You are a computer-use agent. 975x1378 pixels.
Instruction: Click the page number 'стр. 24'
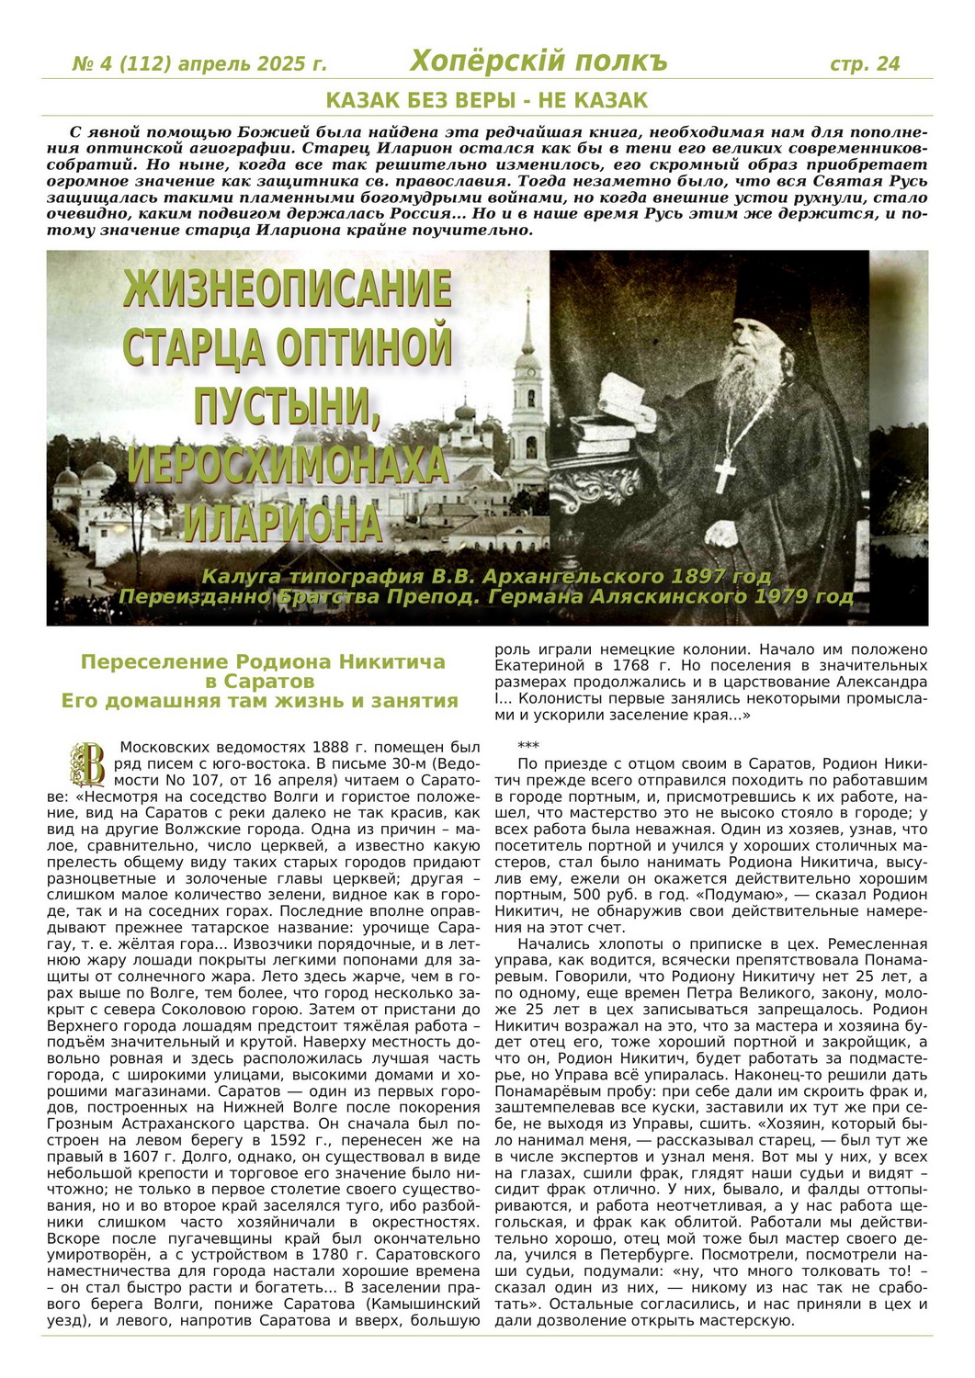click(x=864, y=63)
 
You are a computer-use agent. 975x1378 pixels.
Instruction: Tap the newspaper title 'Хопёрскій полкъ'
click(x=538, y=62)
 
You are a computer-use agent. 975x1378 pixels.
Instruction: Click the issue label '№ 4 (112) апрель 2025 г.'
click(x=199, y=64)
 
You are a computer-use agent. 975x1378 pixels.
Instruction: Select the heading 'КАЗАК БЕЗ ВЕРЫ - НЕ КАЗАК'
click(x=487, y=100)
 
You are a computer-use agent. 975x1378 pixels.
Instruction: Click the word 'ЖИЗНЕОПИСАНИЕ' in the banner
click(x=288, y=289)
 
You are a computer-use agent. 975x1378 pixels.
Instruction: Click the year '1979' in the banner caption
click(x=780, y=596)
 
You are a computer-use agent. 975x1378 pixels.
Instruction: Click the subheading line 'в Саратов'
click(x=260, y=682)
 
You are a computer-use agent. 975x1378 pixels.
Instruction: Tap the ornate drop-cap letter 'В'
click(x=88, y=762)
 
